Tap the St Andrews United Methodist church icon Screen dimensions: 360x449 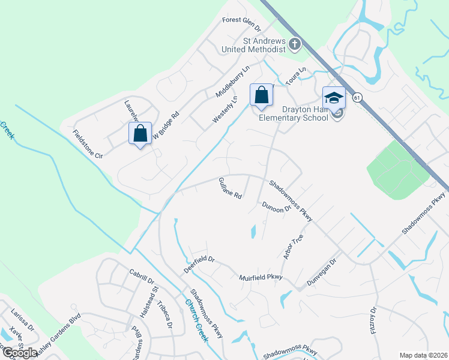click(x=294, y=44)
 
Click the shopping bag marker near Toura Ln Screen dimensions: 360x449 click(x=261, y=95)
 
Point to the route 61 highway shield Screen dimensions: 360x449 click(x=358, y=98)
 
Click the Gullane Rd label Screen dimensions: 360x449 click(x=230, y=188)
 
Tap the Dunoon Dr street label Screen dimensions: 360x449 click(x=277, y=206)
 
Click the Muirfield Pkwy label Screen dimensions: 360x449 click(x=261, y=277)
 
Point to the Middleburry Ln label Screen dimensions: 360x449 click(x=232, y=82)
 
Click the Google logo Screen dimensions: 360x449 click(x=20, y=353)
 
